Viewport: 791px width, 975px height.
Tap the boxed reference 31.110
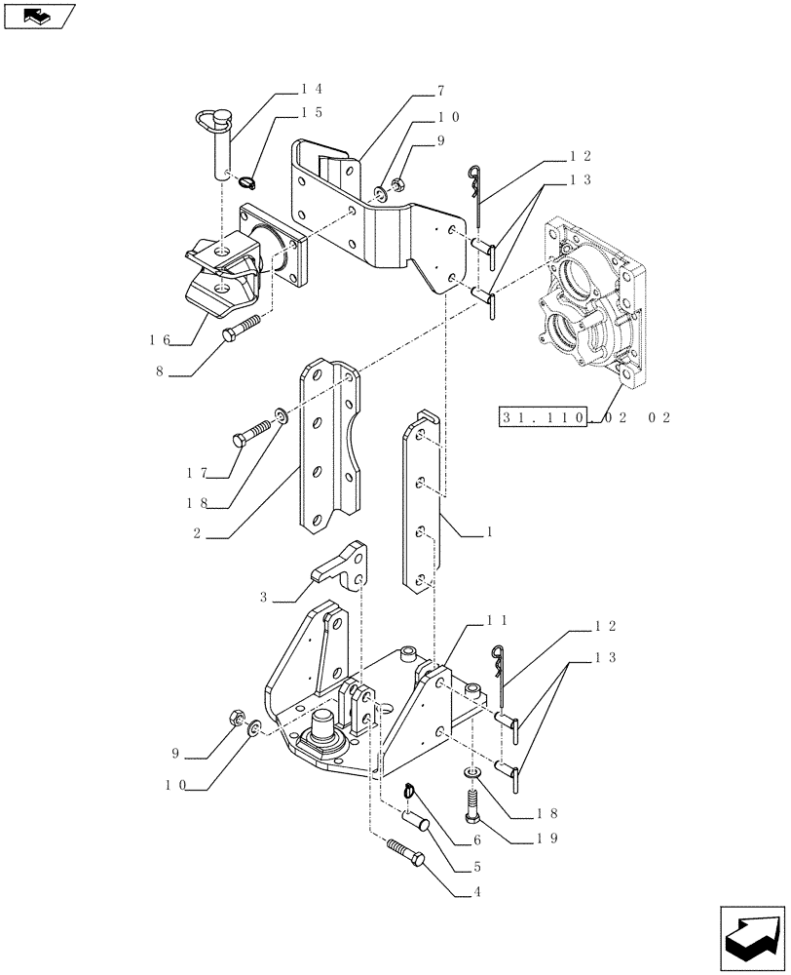coord(542,417)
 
